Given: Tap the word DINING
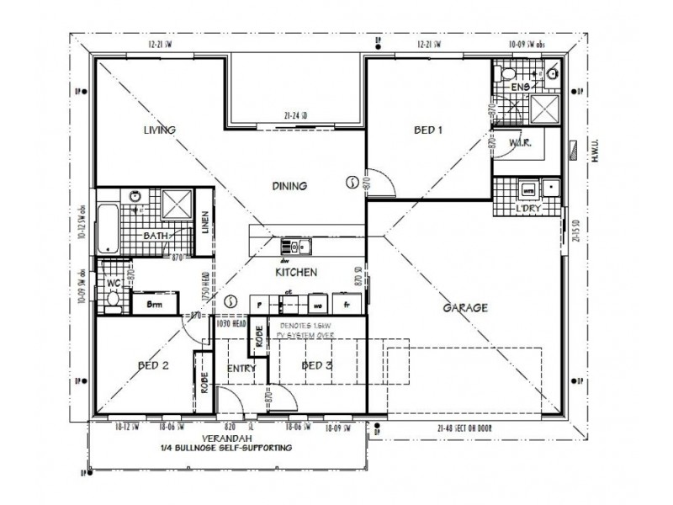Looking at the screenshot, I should coord(289,186).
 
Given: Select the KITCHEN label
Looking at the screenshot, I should coord(296,273).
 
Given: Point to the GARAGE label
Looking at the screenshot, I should coord(465,308).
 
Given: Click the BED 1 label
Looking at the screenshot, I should coord(427,130).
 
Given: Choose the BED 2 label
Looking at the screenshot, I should coord(154,365).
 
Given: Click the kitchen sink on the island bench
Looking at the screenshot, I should coord(296,247).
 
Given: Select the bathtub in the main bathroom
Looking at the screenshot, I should coord(107,227).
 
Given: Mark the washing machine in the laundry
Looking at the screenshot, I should coord(529,189).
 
